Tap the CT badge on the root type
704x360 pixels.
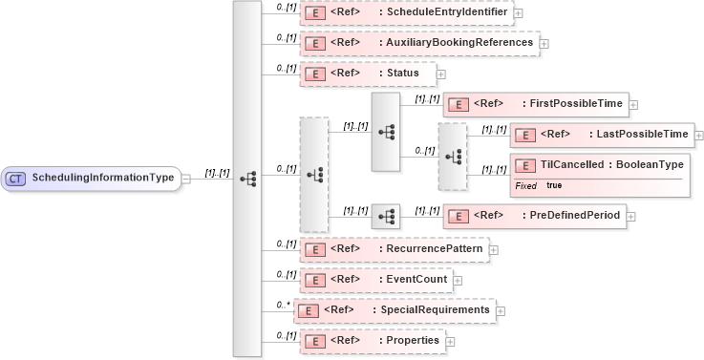click(x=15, y=178)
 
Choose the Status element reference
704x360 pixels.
click(x=367, y=73)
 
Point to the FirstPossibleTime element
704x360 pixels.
click(x=535, y=103)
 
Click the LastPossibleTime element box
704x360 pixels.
click(x=602, y=135)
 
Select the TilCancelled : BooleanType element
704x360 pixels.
click(x=600, y=165)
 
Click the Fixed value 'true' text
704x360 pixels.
click(x=554, y=185)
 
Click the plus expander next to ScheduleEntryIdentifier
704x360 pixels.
click(x=518, y=13)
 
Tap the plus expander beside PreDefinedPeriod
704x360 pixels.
click(x=631, y=216)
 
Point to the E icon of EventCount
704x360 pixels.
click(x=314, y=280)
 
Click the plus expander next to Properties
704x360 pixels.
click(x=450, y=341)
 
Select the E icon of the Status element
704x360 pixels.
click(x=314, y=74)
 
